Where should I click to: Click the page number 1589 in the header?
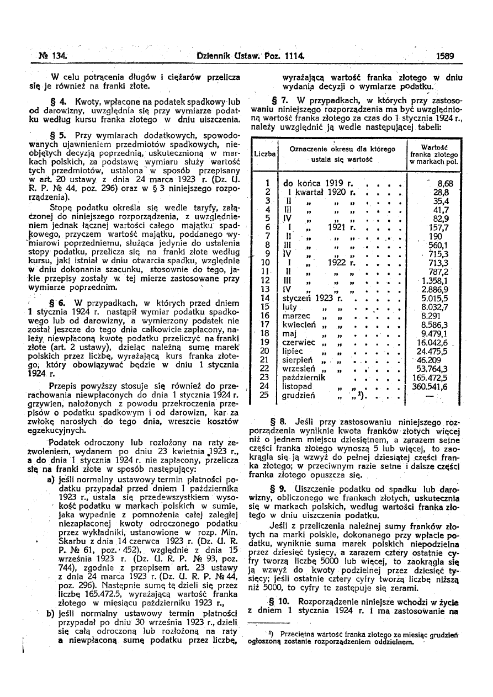tap(444, 56)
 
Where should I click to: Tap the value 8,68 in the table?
tap(445, 183)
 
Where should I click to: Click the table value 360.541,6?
tap(433, 387)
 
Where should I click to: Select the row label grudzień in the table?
tap(299, 396)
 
